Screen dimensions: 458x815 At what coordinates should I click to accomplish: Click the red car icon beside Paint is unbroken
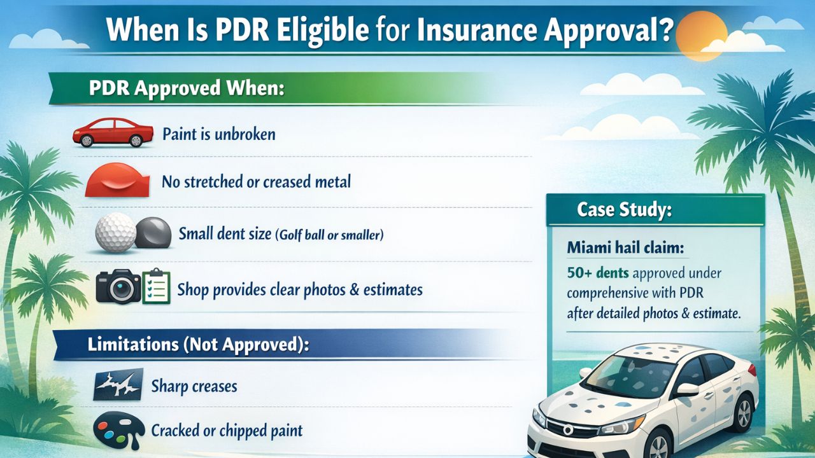[x=113, y=132]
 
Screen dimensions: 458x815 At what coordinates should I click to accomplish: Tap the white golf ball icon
[x=115, y=233]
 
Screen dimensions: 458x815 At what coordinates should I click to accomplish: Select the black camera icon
[x=118, y=287]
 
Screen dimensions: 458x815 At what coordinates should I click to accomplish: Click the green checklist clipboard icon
[x=155, y=287]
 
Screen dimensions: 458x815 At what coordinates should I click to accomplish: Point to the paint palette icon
[x=118, y=431]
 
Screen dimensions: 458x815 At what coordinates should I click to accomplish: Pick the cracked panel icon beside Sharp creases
[x=118, y=384]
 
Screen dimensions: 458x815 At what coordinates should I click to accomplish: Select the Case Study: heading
[x=624, y=210]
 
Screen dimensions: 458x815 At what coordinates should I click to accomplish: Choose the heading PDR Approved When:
[x=186, y=88]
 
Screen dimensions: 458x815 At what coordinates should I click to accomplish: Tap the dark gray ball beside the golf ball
[x=153, y=233]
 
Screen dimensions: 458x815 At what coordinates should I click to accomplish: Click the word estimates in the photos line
[x=393, y=290]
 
